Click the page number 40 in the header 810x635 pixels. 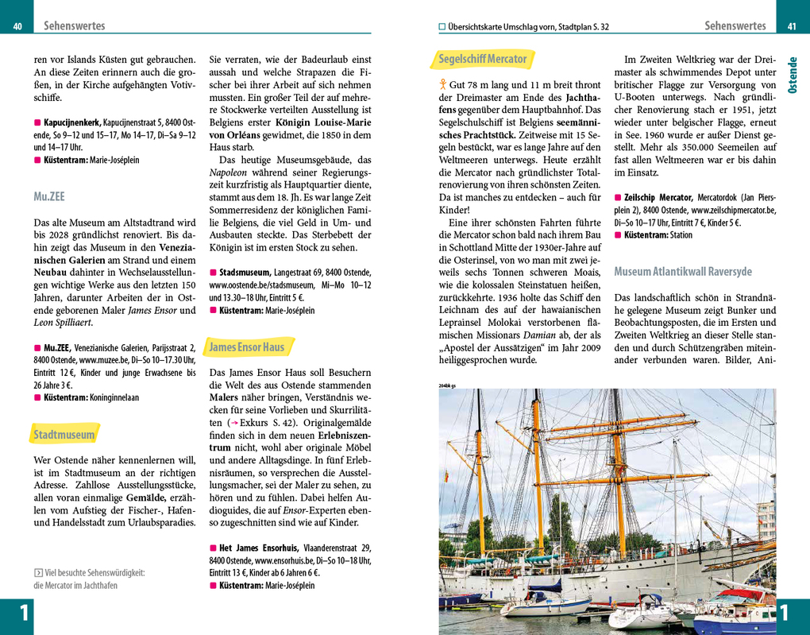pyautogui.click(x=17, y=26)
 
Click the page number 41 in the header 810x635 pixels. pyautogui.click(x=791, y=26)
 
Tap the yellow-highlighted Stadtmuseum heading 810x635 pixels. pyautogui.click(x=64, y=435)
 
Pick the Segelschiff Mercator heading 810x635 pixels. pyautogui.click(x=483, y=59)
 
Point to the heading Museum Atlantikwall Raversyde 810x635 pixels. pyautogui.click(x=683, y=272)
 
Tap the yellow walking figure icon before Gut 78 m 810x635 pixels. pyautogui.click(x=442, y=84)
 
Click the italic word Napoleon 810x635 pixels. pyautogui.click(x=227, y=172)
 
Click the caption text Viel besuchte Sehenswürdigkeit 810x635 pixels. pyautogui.click(x=95, y=573)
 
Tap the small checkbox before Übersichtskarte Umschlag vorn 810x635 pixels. pyautogui.click(x=442, y=26)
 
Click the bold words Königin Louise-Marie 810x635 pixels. pyautogui.click(x=323, y=123)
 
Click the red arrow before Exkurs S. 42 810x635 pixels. pyautogui.click(x=234, y=422)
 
